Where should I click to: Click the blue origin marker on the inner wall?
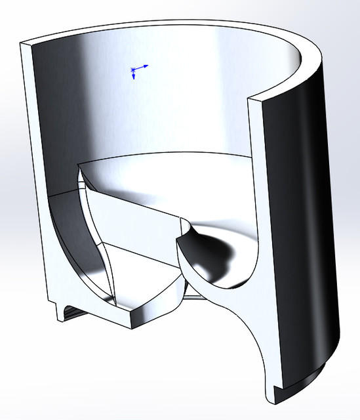click(134, 69)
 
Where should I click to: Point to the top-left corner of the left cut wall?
click(22, 44)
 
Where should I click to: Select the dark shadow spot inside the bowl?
click(230, 252)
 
